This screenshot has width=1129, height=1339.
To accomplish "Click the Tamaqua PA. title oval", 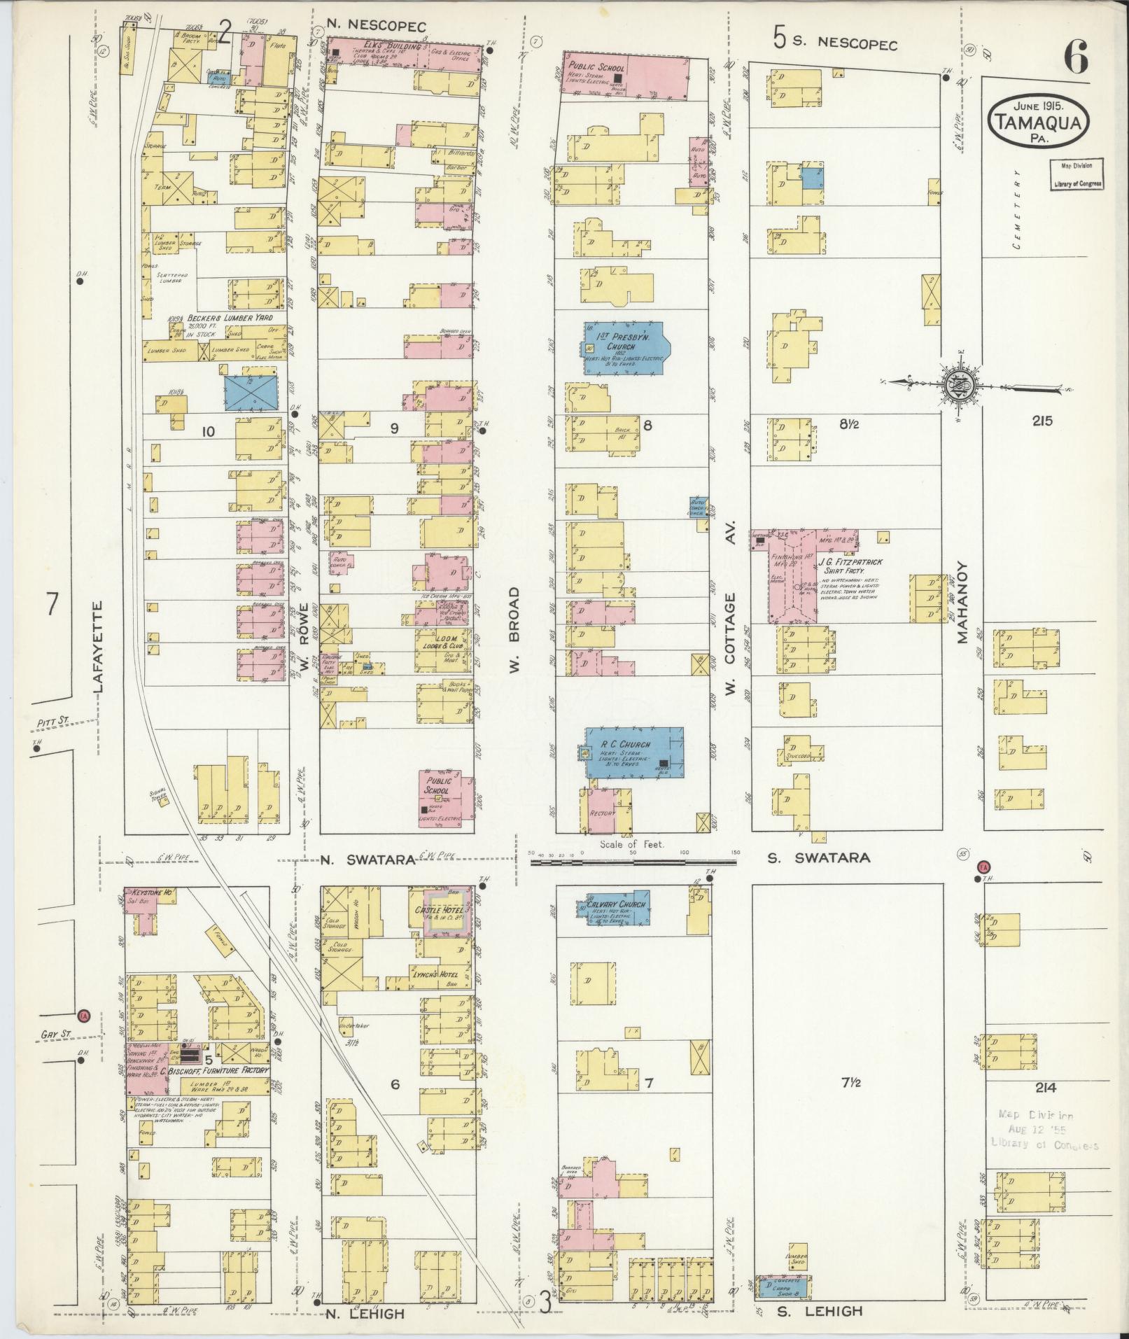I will [x=1039, y=120].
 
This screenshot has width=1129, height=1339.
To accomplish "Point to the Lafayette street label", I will [x=98, y=647].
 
